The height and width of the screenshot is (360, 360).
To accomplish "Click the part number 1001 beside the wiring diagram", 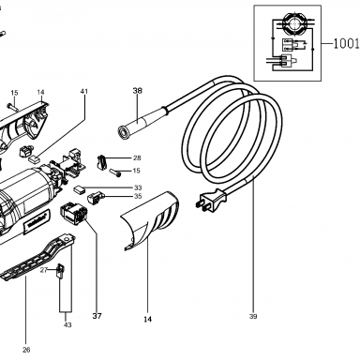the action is (x=346, y=43).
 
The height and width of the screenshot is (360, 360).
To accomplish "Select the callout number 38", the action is (x=137, y=91).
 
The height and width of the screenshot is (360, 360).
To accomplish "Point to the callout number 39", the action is (x=253, y=316).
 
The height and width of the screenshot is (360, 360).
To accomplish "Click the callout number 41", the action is (x=84, y=91).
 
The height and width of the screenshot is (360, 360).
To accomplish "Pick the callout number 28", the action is (x=137, y=157).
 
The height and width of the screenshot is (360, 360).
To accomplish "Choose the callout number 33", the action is (x=138, y=187).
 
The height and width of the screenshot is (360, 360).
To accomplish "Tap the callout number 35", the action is (x=138, y=196).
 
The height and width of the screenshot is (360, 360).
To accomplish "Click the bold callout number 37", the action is (x=97, y=316).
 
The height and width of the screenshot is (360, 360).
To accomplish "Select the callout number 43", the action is (x=67, y=325).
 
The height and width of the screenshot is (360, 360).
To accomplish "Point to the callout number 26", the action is (x=26, y=350).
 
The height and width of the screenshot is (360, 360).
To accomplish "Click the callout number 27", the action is (x=44, y=270).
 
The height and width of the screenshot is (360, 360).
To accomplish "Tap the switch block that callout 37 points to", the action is (x=73, y=213).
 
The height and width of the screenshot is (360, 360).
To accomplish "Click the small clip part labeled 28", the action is (x=101, y=161).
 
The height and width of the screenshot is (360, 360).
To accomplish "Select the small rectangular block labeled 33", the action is (x=80, y=189).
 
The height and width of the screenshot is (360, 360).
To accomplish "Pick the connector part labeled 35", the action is (x=95, y=197).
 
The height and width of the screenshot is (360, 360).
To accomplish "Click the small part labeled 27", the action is (x=60, y=271).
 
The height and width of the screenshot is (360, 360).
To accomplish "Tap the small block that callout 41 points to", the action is (x=34, y=159).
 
